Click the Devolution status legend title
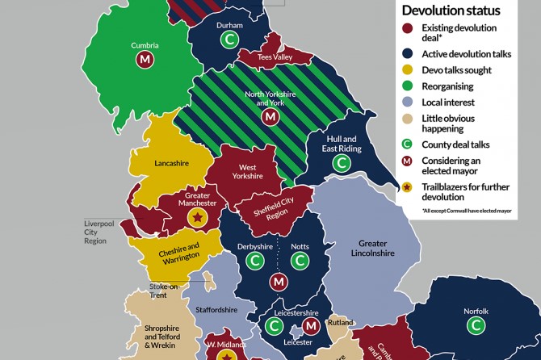452,10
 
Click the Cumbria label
145,45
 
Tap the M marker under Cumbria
145,61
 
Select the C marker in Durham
230,40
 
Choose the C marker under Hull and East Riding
342,162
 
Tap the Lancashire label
171,163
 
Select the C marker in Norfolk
476,325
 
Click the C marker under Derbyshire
255,262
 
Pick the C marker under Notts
300,262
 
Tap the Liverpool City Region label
96,232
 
